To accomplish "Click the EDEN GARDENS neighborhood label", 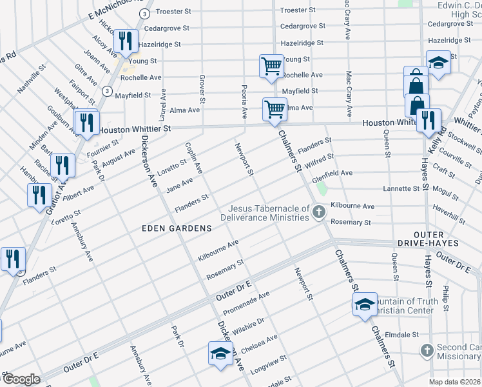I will pos(177,228).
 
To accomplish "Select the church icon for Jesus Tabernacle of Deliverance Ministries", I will pos(318,212).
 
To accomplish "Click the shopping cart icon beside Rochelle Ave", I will pos(271,66).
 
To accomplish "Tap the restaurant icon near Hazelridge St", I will pos(126,41).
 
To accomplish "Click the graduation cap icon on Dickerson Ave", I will pos(220,353).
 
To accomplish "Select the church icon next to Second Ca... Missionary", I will pos(426,351).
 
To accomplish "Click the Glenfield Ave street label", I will pos(333,174).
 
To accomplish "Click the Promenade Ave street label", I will pos(251,300).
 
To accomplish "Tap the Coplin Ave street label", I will pos(194,159).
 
